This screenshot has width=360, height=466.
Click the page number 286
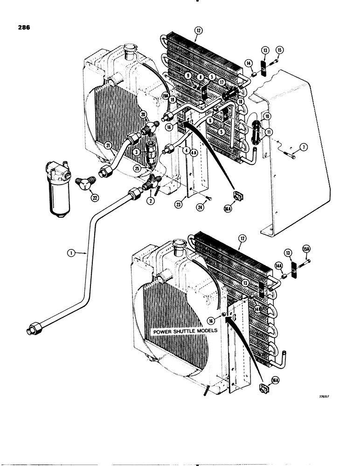(x=22, y=27)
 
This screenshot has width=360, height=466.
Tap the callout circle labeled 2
(x=151, y=201)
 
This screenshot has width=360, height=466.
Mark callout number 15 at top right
(x=280, y=50)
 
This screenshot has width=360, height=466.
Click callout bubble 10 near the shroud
(x=267, y=116)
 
